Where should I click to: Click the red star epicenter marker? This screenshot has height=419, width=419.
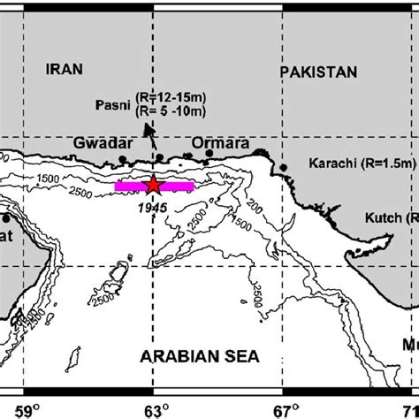coord(153,186)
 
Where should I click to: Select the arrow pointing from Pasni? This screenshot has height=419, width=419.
coord(154,137)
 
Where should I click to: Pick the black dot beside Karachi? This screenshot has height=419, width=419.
coord(284,166)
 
